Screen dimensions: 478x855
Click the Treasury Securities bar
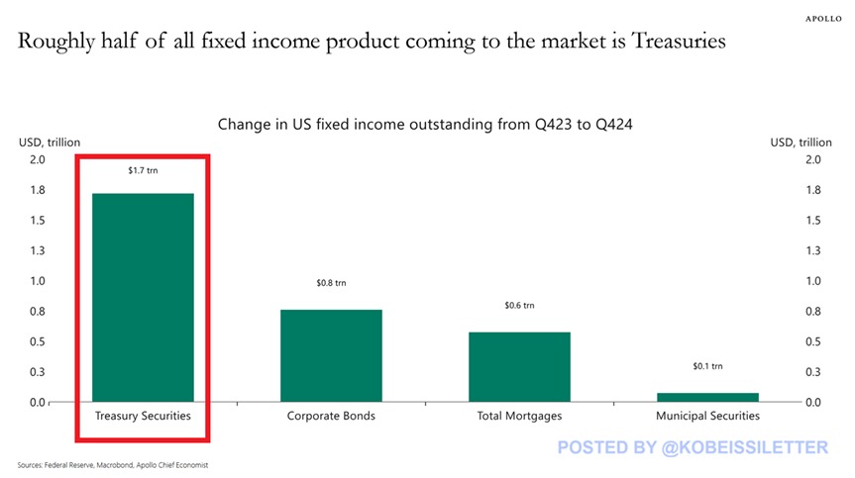pos(143,297)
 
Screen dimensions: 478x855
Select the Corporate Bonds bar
pos(331,355)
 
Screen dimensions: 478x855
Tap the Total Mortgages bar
pos(519,366)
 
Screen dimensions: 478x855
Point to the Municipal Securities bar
pos(707,397)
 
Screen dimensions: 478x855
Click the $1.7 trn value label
pos(143,171)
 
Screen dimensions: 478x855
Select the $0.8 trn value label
pos(331,283)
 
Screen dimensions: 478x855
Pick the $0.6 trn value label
pos(519,306)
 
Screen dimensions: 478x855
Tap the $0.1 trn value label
pos(707,366)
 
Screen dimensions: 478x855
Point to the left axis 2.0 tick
pos(37,159)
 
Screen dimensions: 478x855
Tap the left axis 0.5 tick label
pos(37,341)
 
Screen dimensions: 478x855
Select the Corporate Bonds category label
pos(331,417)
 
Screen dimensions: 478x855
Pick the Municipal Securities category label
pos(707,417)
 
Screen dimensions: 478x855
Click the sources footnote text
pos(112,465)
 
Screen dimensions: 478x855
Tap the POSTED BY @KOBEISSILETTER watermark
pos(692,448)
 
